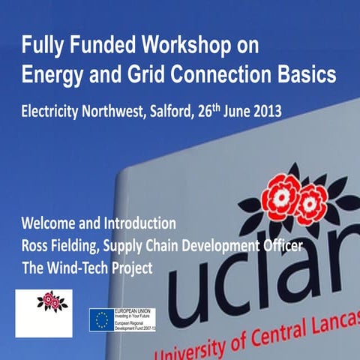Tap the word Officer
coord(281,244)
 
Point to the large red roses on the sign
coord(295,196)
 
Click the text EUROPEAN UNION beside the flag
coord(133,311)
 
